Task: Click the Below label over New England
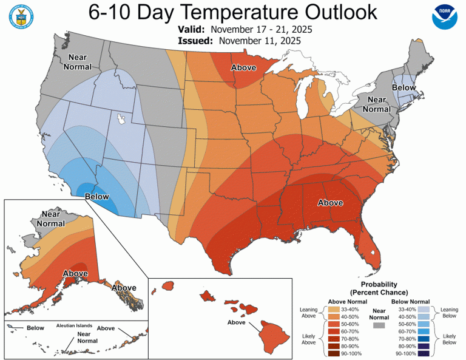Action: [x=404, y=88]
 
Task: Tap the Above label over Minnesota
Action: [x=243, y=68]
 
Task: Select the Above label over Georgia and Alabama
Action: [x=331, y=203]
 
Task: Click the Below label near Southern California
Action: [x=96, y=196]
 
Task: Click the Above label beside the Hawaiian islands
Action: [x=240, y=322]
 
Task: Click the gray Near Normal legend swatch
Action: [x=380, y=326]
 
